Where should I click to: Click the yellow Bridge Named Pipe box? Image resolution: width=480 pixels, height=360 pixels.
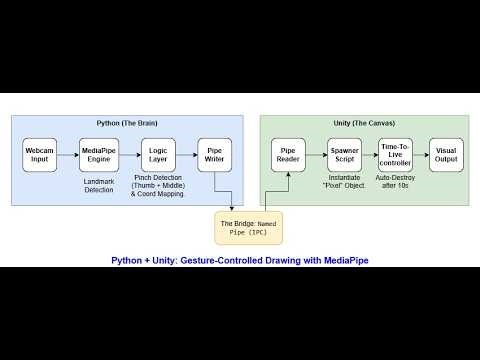[249, 228]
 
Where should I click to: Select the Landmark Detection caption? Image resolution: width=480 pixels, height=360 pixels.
[98, 186]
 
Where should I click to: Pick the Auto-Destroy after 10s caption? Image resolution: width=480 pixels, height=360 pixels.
[397, 186]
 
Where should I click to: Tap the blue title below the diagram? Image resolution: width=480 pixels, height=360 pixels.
[239, 260]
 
